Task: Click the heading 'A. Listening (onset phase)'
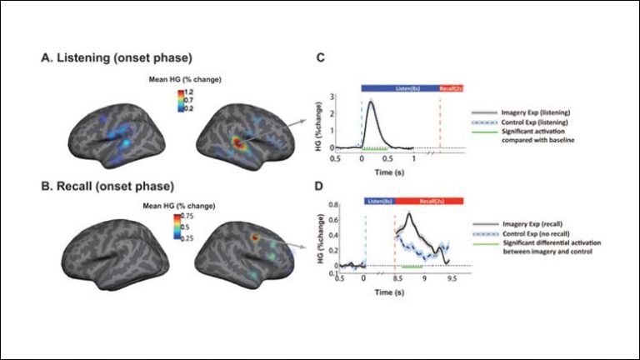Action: [x=117, y=58]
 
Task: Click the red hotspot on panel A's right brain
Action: [x=238, y=144]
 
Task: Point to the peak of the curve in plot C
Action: [x=370, y=102]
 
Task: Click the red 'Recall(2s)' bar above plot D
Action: [x=427, y=201]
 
